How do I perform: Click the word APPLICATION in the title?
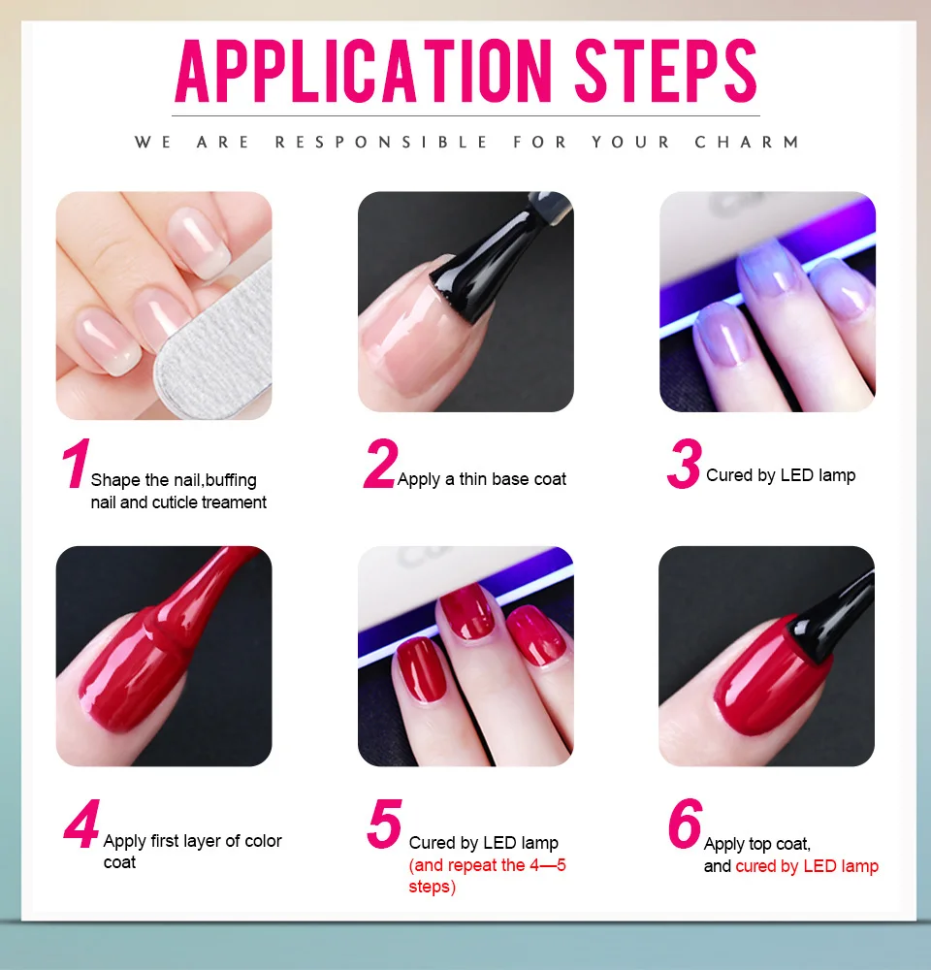(363, 71)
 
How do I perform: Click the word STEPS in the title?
(666, 71)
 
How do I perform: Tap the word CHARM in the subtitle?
(748, 143)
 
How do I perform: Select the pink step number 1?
(76, 463)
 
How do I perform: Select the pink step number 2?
(380, 464)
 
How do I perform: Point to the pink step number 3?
(684, 464)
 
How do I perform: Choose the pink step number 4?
(81, 824)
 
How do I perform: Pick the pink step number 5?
(384, 823)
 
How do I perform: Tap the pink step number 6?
(686, 823)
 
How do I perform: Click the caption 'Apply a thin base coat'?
(482, 479)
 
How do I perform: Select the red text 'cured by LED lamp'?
(807, 866)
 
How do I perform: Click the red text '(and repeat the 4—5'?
(488, 865)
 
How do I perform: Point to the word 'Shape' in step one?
(115, 481)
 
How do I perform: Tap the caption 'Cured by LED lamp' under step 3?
(781, 475)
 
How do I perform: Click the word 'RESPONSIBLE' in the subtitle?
(382, 143)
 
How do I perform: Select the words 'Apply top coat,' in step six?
(757, 845)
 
